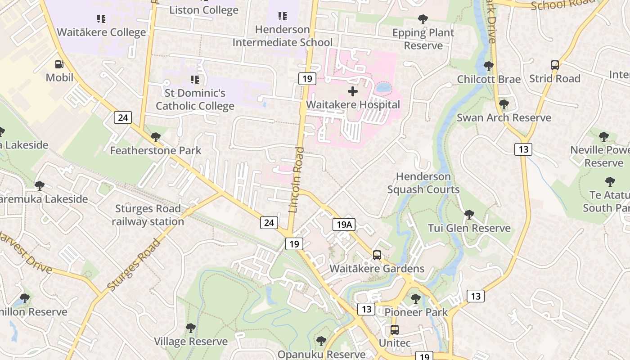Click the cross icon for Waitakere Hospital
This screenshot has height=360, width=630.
click(353, 91)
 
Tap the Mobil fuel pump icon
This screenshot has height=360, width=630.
click(59, 65)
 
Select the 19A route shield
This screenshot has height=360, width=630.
click(344, 224)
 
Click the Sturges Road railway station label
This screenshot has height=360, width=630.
click(148, 215)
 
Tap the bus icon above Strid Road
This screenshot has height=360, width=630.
click(555, 65)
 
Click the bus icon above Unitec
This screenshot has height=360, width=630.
click(395, 330)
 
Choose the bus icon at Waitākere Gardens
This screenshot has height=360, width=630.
click(377, 255)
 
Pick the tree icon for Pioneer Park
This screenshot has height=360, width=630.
click(416, 298)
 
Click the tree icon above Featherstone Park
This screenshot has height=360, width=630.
click(156, 137)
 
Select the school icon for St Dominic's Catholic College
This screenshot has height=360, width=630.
click(195, 80)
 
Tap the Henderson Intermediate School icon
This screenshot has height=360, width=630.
click(282, 17)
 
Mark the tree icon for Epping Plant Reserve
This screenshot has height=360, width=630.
click(423, 19)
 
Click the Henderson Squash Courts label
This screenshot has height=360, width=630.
click(423, 183)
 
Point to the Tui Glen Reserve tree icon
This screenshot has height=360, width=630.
click(469, 215)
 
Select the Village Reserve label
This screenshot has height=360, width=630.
click(191, 342)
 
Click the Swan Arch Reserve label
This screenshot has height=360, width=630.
click(504, 118)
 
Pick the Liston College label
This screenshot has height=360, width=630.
click(203, 10)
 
